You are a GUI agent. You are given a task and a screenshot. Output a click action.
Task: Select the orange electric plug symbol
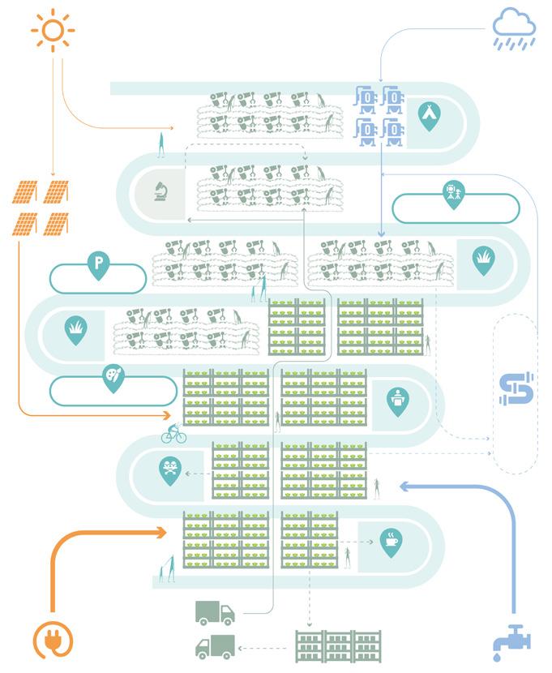51,639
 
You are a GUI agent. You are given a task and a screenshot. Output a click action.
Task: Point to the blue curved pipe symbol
516,388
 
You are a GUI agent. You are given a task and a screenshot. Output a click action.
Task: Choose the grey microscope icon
159,191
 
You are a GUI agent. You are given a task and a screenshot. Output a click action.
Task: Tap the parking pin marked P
98,264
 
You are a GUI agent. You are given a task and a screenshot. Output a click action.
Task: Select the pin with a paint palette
113,378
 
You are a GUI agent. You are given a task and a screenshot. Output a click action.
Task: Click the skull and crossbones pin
169,469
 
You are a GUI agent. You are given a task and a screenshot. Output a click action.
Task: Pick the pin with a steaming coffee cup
391,542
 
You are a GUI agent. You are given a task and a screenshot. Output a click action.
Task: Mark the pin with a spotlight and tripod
452,194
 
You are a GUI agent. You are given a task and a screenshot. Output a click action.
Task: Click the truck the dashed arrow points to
215,646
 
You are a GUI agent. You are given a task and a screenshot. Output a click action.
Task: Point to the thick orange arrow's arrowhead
162,532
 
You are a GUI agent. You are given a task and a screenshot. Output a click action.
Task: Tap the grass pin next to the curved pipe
483,259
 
